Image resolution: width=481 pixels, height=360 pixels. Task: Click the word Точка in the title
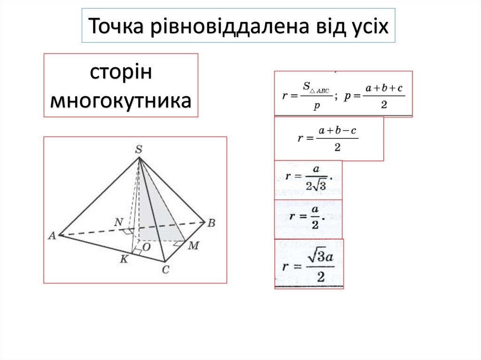(116, 26)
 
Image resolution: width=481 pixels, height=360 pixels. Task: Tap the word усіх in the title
(369, 26)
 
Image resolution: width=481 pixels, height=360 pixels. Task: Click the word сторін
(121, 74)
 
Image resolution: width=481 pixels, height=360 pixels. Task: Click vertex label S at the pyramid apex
(139, 150)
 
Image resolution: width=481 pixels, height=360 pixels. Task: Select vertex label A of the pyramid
(52, 236)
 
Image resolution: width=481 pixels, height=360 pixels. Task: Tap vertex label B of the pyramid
(211, 223)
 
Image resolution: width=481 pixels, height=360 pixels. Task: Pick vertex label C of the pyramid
(165, 269)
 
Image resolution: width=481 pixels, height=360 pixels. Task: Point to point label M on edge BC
(193, 246)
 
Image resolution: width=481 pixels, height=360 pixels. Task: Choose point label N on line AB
(119, 222)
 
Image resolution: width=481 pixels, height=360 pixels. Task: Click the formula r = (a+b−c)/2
(328, 138)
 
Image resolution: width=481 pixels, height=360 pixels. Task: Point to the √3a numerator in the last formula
(320, 257)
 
